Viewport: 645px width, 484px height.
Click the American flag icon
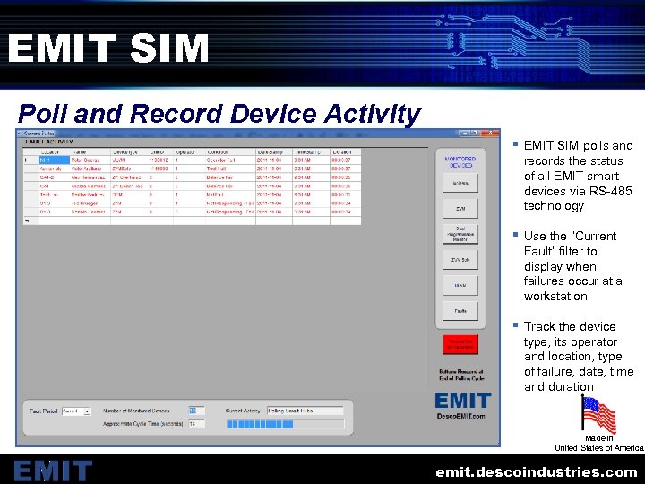[x=598, y=415]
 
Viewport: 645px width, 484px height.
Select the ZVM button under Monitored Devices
[x=460, y=208]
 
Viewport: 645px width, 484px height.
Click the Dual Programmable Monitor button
[x=460, y=234]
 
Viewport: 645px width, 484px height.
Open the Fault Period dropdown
[x=75, y=411]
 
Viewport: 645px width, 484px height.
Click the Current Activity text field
[x=305, y=411]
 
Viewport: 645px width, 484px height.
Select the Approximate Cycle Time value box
[x=196, y=424]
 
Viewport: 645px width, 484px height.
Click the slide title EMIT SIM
[x=108, y=48]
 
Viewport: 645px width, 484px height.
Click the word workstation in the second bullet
[x=555, y=297]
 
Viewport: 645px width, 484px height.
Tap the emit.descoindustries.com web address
[x=536, y=471]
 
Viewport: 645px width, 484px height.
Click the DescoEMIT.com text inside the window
[x=462, y=416]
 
